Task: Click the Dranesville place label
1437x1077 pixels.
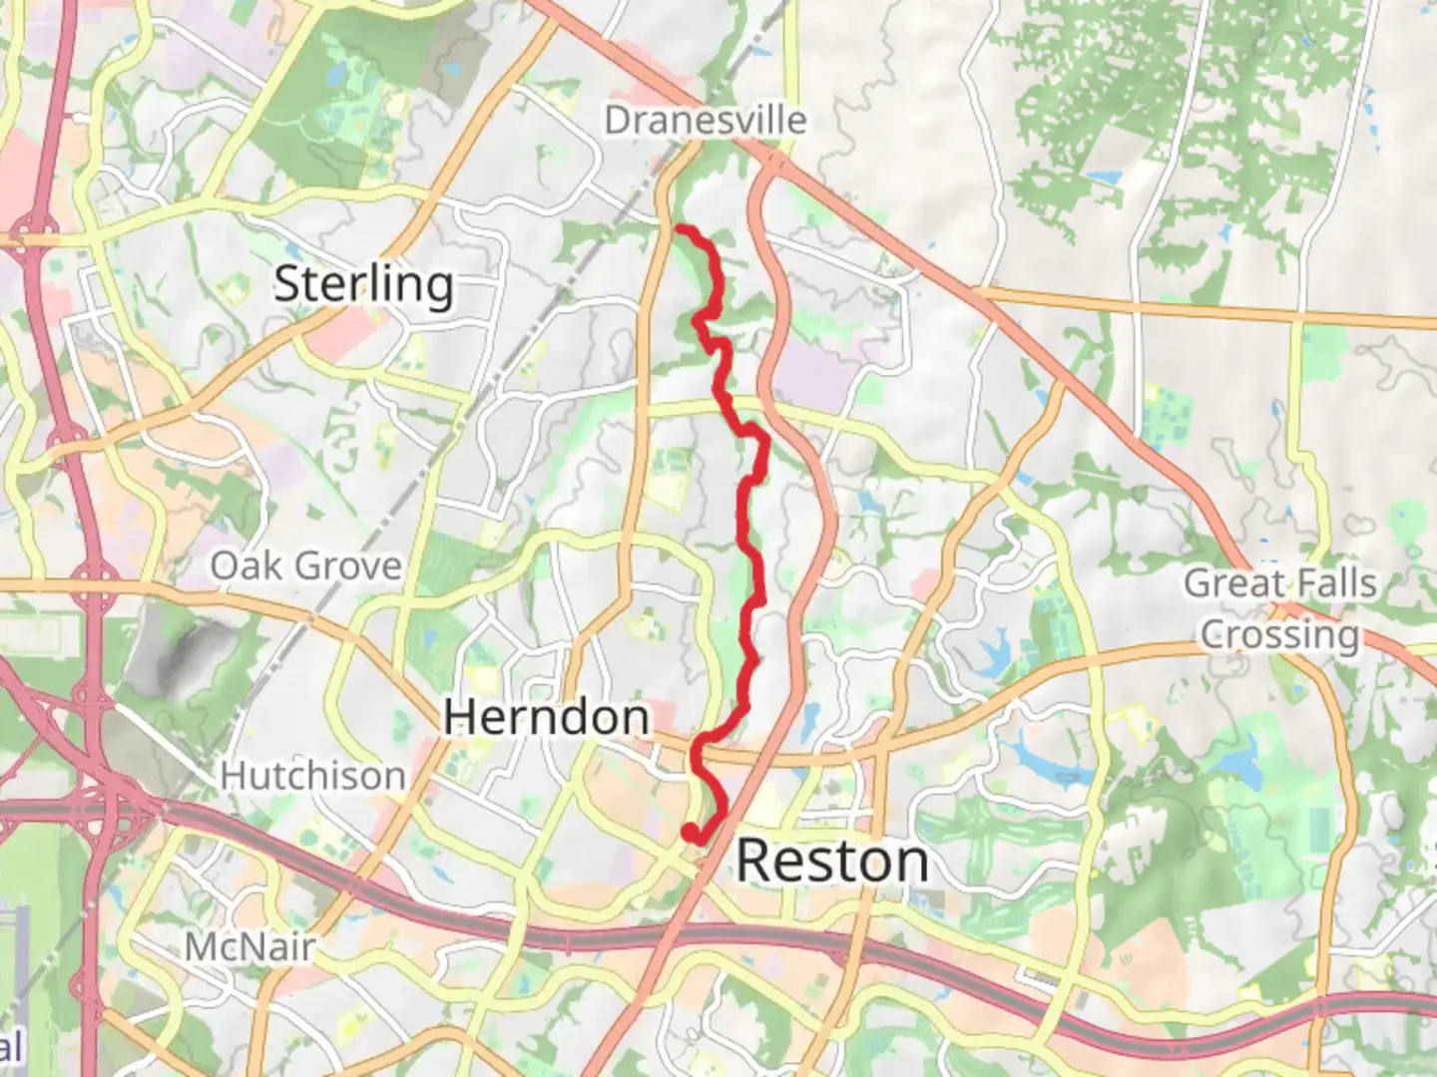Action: click(x=705, y=121)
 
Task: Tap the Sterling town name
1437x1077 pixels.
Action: click(x=363, y=285)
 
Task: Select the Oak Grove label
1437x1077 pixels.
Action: click(x=305, y=566)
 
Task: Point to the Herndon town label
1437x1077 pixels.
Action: click(x=546, y=717)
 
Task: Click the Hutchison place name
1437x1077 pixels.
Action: click(x=312, y=776)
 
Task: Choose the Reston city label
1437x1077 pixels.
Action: click(x=832, y=861)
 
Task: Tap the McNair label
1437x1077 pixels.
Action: click(x=249, y=946)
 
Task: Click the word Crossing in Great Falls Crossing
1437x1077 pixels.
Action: click(x=1279, y=634)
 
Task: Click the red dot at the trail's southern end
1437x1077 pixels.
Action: click(x=689, y=831)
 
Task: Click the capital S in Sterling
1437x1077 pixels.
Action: click(x=288, y=285)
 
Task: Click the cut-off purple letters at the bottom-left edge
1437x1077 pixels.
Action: click(x=10, y=1047)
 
